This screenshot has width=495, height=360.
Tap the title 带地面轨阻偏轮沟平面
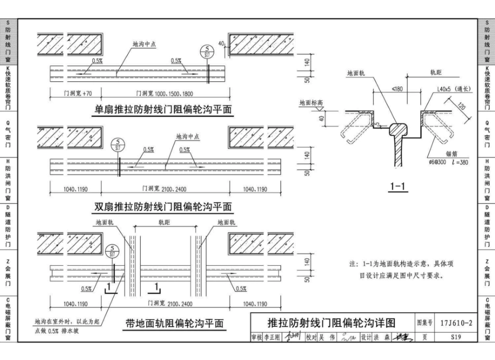(x=174, y=324)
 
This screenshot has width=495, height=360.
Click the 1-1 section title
(x=398, y=187)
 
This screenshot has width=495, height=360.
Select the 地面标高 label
(x=311, y=103)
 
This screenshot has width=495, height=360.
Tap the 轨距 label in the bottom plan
(x=165, y=222)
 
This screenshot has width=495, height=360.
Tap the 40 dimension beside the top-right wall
(x=221, y=44)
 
